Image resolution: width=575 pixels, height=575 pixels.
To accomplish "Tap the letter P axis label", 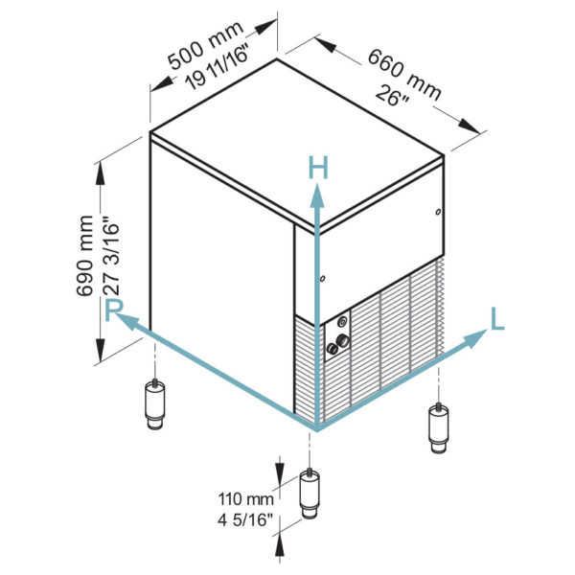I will pyautogui.click(x=114, y=310).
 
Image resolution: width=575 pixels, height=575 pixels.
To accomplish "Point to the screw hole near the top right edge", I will pyautogui.click(x=438, y=212).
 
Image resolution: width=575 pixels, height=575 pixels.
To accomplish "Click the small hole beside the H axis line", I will pyautogui.click(x=323, y=280).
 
